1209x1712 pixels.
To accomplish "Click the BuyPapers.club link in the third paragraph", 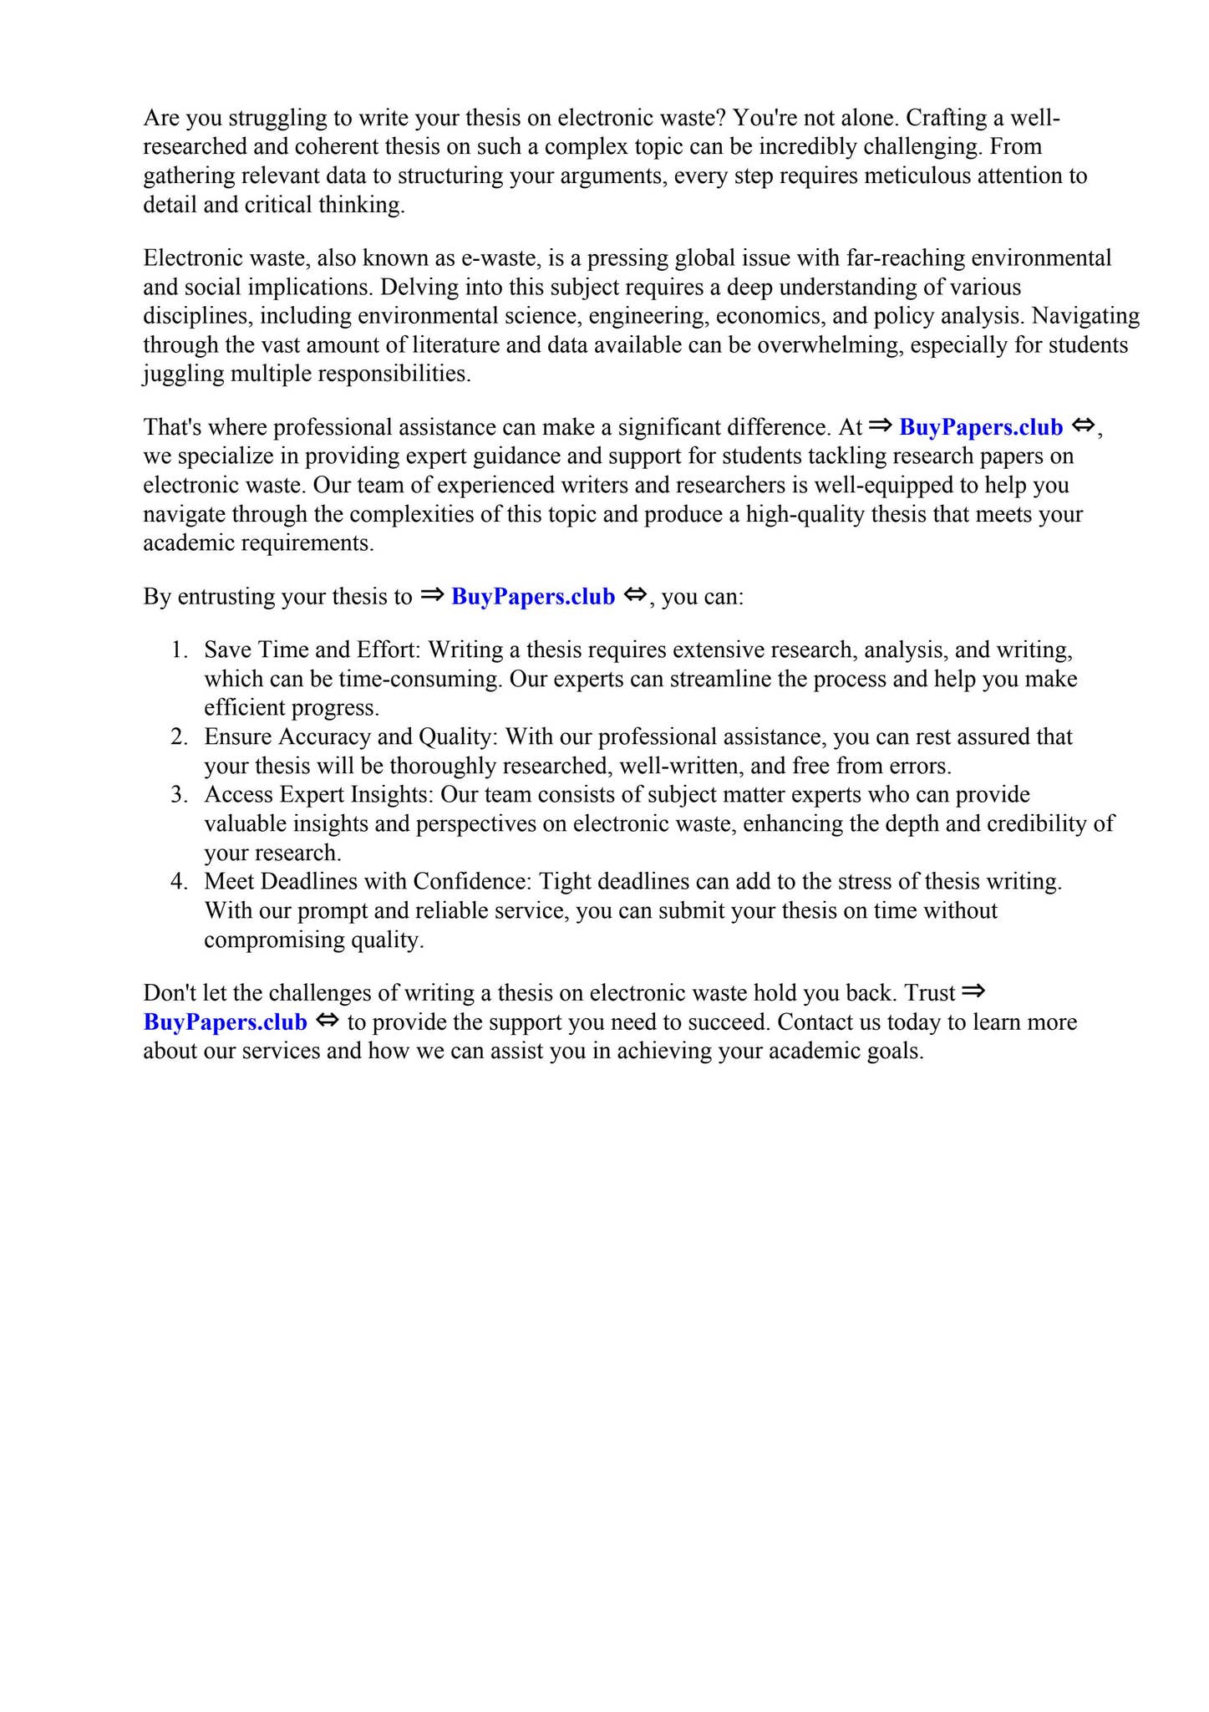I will point(980,427).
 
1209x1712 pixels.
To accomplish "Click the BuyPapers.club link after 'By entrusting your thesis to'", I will point(532,597).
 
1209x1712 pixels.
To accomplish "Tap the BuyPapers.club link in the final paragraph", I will point(225,1022).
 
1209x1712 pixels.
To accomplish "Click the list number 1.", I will point(179,650).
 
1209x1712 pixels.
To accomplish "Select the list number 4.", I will point(179,882).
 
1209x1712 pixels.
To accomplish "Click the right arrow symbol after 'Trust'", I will point(973,992).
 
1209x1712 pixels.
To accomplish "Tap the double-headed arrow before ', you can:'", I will point(635,595).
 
